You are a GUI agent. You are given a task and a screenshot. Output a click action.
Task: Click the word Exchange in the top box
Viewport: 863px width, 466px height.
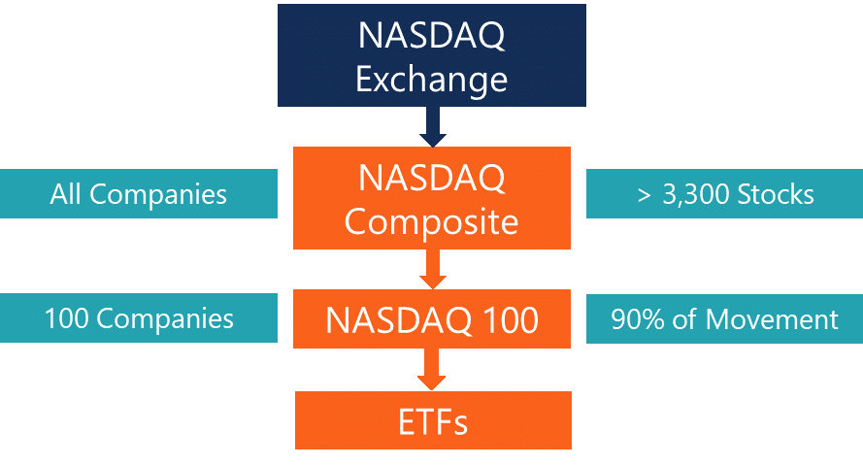point(431,78)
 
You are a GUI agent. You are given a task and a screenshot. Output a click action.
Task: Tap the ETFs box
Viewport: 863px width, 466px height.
point(433,420)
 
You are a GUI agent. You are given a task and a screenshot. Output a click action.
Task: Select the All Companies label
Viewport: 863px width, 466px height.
point(139,194)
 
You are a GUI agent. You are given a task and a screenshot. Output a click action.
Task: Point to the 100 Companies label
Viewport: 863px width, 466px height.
point(139,318)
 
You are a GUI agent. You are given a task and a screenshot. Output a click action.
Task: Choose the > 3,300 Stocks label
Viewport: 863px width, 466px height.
point(724,194)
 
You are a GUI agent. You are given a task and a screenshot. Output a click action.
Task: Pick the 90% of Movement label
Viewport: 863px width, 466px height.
point(724,318)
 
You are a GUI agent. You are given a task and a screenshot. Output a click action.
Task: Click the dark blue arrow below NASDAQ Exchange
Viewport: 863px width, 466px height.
point(433,126)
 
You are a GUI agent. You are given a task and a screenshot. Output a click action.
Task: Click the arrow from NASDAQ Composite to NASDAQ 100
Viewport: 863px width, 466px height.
point(433,269)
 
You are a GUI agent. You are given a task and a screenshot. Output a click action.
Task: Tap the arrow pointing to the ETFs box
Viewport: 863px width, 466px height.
point(433,370)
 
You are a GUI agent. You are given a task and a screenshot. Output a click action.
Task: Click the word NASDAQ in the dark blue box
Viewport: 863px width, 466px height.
point(431,36)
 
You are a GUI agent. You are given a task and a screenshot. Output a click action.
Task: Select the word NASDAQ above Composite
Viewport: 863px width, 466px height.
point(431,179)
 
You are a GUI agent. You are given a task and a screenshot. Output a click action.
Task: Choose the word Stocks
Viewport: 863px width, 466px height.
point(775,194)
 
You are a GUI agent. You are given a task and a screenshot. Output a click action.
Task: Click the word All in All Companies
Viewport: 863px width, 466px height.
point(66,194)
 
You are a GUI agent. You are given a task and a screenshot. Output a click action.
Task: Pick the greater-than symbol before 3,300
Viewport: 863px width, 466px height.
point(644,195)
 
